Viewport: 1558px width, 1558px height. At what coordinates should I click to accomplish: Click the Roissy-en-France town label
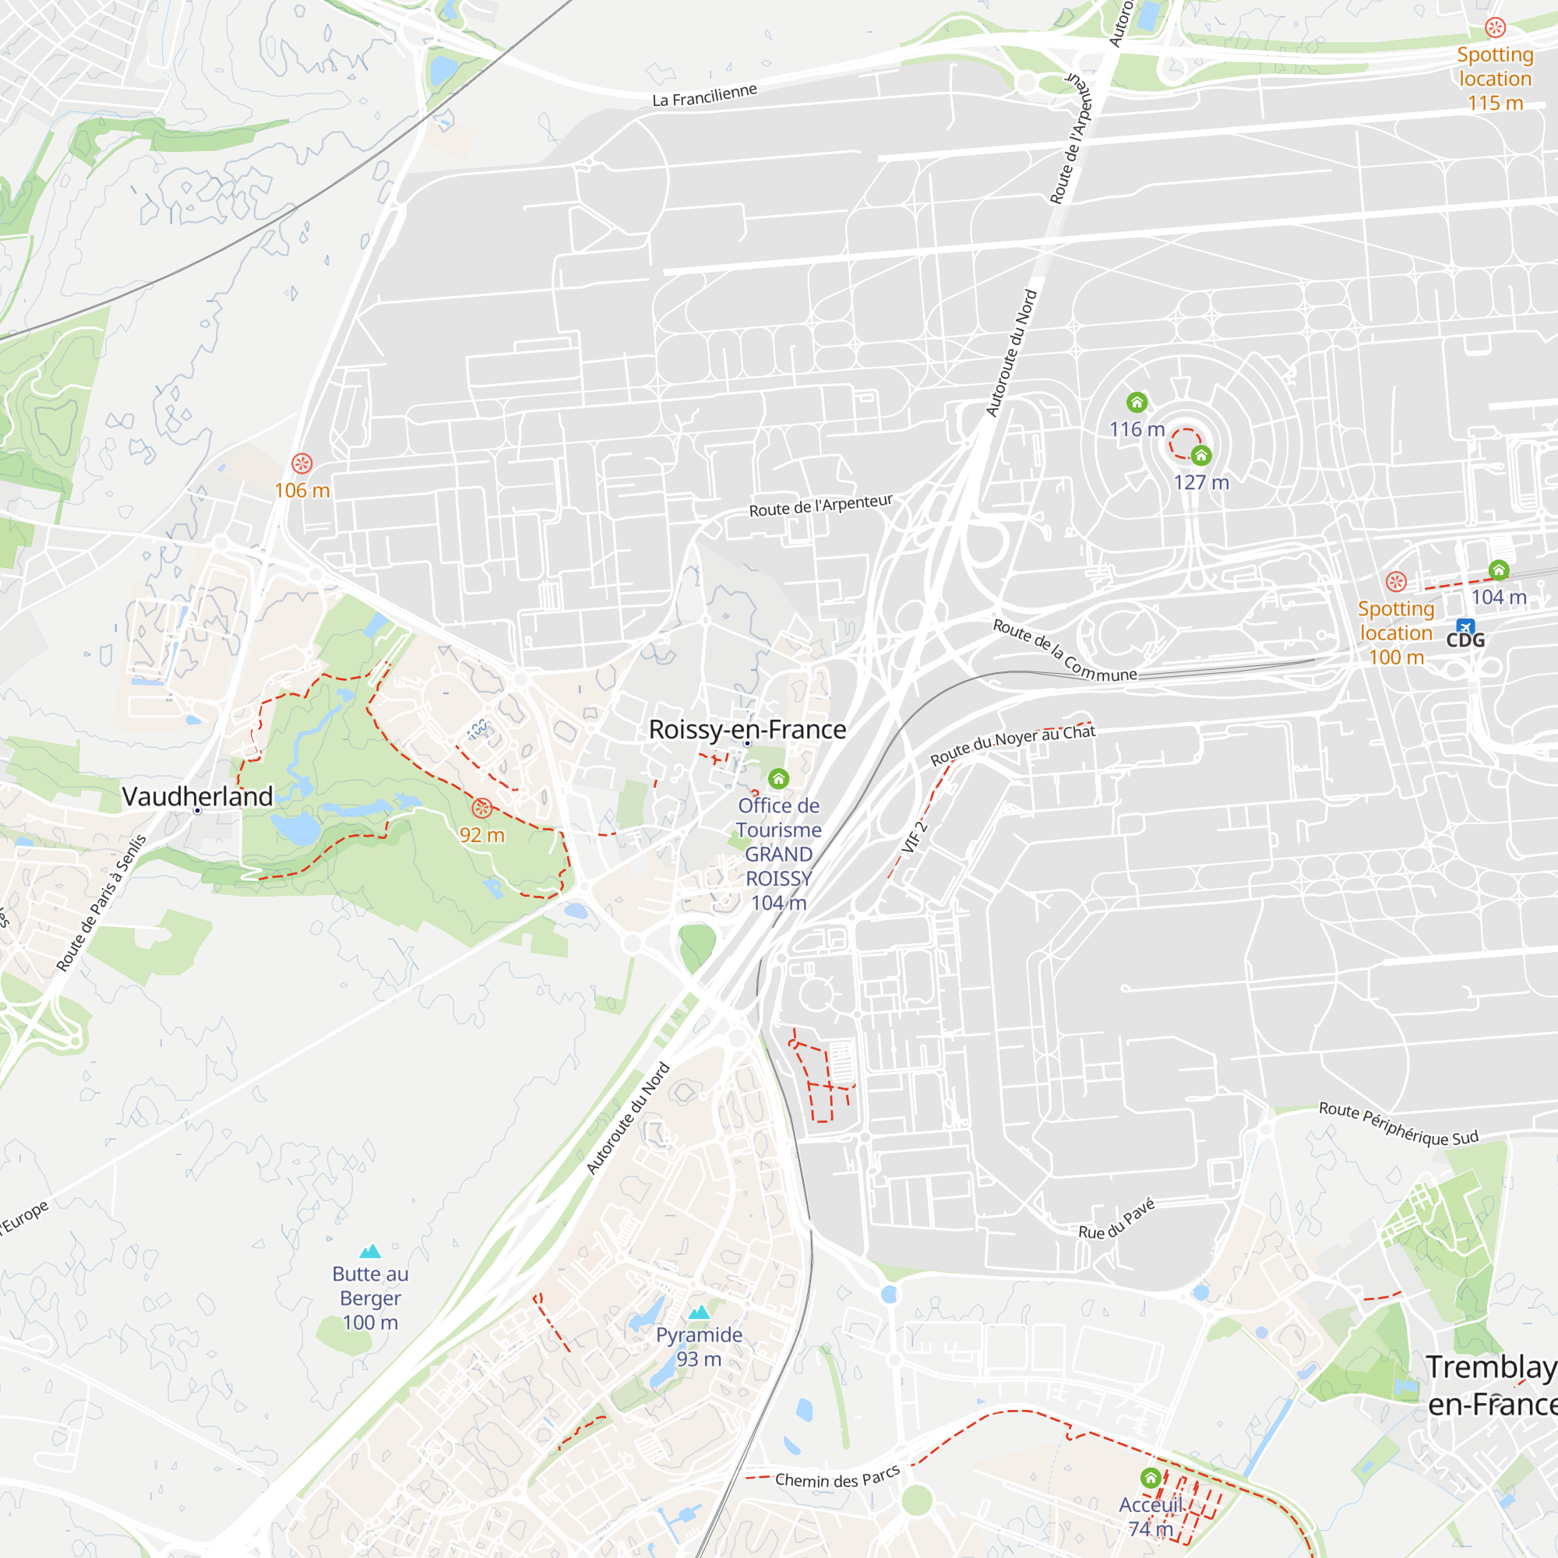(748, 730)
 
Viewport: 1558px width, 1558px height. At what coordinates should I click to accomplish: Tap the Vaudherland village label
(198, 797)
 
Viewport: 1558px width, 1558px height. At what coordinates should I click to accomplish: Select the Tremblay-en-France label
(1491, 1385)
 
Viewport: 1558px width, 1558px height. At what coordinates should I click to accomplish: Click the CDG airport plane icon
(1465, 626)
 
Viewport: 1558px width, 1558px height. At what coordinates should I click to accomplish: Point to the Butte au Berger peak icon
(370, 1251)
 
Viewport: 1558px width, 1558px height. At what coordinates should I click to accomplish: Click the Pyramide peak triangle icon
(700, 1312)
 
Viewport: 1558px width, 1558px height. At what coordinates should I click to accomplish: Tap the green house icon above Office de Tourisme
(778, 778)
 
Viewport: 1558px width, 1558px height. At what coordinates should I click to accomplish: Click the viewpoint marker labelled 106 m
(301, 464)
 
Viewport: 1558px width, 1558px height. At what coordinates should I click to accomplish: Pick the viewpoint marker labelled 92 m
(482, 808)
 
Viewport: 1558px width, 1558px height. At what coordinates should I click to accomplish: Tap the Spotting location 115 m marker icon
(1495, 27)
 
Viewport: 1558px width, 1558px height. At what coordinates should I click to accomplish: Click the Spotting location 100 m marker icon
(1396, 581)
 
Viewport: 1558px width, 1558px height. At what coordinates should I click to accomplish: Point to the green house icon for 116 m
(1137, 403)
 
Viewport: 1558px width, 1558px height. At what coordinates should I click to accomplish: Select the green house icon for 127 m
(1200, 456)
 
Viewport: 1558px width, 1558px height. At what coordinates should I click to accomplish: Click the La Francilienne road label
(705, 95)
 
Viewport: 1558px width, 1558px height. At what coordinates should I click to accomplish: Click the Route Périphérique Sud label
(1398, 1124)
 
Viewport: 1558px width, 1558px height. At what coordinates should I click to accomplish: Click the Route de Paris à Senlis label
(101, 902)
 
